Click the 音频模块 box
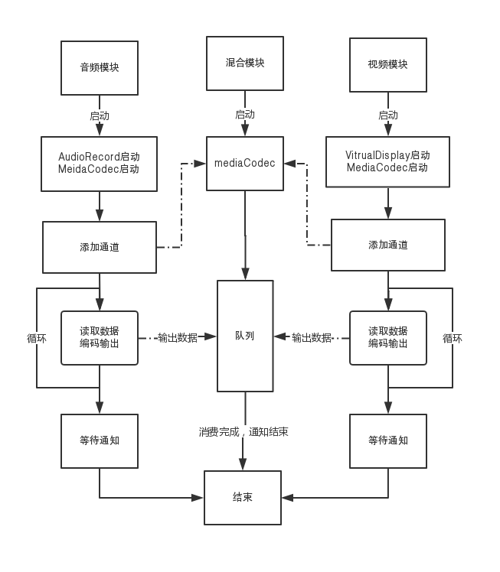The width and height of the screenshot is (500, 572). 100,68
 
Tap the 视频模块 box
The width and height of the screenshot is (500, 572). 387,64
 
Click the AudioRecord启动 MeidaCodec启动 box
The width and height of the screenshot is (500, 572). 100,164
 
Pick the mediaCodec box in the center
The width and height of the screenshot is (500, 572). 245,164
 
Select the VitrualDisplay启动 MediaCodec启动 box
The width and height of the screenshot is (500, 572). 387,161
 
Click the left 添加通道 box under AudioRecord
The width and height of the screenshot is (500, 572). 100,247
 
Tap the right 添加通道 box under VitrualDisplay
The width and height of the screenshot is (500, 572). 387,245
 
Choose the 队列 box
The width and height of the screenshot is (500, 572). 245,336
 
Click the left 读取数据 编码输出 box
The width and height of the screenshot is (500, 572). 100,337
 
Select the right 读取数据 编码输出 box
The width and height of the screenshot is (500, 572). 387,337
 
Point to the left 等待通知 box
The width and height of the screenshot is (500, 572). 100,441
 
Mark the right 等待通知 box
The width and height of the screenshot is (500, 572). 387,441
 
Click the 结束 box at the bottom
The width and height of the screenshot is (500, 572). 243,497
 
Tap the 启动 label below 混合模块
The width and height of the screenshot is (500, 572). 245,115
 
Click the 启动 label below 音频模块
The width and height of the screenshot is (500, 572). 100,116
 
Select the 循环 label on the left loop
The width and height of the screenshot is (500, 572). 37,338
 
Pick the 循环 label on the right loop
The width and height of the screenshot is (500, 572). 453,338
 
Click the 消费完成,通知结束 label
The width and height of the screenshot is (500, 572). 243,432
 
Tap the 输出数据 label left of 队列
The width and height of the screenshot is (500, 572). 177,337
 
